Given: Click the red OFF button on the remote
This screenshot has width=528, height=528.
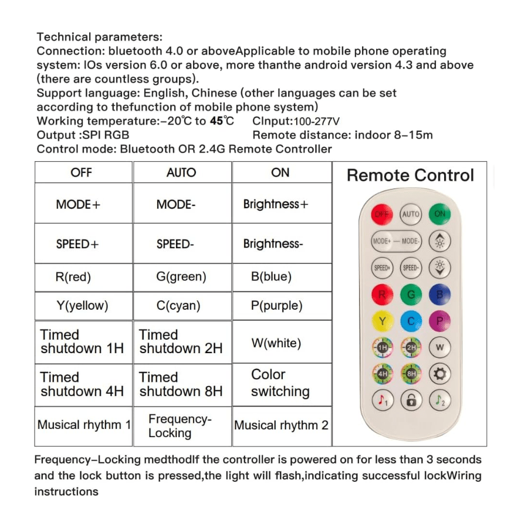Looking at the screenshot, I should pos(382,214).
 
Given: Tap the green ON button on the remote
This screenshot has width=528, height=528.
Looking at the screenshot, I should pos(439,214).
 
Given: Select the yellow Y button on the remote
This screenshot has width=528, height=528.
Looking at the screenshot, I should pos(382,321).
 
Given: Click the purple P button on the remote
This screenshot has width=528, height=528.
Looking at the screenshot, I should pos(439,321).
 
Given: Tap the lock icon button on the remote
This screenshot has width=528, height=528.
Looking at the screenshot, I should pos(411,401).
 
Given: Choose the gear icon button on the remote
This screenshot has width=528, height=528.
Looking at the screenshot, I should pos(439,374).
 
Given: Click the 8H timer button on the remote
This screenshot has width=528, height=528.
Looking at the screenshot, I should pos(411,374).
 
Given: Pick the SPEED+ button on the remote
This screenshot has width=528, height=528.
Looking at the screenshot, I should pos(382,268).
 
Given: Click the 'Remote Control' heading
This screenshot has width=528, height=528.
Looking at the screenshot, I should pos(410,175).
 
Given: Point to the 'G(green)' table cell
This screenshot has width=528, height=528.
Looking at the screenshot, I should pos(181,276).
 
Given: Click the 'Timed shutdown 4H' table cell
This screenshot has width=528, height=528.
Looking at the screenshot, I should pos(83,384).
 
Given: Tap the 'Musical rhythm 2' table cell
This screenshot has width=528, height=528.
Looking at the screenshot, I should pos(281,425).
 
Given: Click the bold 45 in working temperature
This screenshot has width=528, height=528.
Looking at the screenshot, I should pos(216,121).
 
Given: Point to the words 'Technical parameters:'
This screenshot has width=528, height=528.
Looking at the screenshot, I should pos(99,37).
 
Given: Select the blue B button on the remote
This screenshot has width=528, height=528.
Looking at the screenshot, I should pos(439,294).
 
